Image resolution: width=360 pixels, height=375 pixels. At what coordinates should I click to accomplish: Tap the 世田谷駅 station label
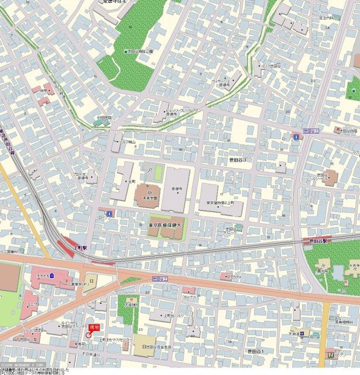[319, 240]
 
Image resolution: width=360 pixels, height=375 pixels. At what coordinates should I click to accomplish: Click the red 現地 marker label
[94, 327]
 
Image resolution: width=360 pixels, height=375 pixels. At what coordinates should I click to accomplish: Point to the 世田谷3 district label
[236, 159]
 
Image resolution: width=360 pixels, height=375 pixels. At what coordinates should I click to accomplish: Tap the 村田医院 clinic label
[104, 117]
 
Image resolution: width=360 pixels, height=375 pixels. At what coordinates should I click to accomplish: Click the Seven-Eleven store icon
[332, 353]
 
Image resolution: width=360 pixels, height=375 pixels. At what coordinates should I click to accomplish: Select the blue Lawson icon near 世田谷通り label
[297, 137]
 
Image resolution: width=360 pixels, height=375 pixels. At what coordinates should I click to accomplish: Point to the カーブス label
[188, 297]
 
